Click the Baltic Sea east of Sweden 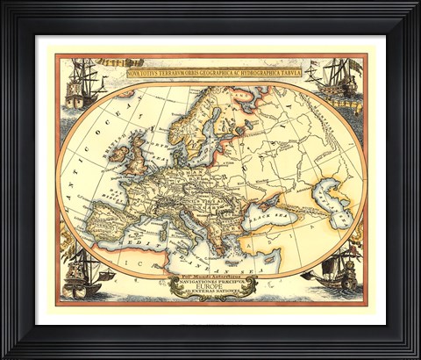pos(210,140)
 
